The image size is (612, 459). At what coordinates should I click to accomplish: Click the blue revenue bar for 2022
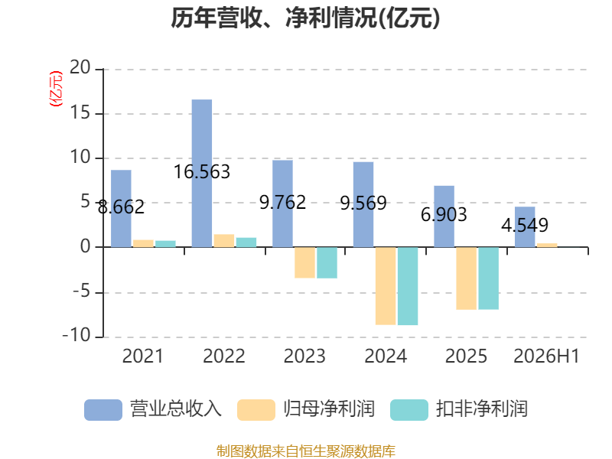(202, 174)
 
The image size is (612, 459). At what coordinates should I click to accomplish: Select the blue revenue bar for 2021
(121, 208)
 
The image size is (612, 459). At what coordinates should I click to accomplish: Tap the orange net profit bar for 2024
(386, 285)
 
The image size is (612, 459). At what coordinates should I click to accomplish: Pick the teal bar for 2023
(327, 262)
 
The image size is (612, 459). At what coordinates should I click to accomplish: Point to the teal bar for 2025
(489, 278)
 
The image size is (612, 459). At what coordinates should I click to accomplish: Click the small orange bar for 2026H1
(547, 245)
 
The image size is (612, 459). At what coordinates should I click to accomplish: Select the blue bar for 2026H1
(525, 226)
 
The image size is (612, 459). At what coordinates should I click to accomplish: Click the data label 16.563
(202, 172)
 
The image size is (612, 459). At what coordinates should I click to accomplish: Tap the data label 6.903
(444, 215)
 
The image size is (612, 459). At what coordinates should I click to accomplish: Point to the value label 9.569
(363, 203)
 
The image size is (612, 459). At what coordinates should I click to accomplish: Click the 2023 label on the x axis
(304, 356)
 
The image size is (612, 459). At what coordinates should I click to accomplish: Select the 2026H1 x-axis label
(546, 356)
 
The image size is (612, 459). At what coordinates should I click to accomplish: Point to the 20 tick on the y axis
(80, 68)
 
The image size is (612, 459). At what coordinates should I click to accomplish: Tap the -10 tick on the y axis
(76, 336)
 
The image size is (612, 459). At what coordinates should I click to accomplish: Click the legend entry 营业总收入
(153, 409)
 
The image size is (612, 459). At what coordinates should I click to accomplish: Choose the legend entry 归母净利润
(307, 409)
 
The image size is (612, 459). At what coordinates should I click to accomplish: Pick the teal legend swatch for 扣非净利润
(409, 410)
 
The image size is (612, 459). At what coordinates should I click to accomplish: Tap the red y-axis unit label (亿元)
(56, 89)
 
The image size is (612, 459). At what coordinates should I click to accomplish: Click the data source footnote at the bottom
(306, 451)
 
